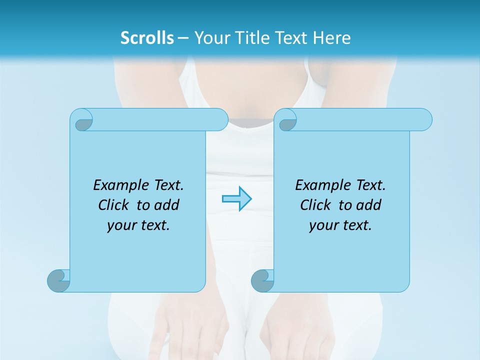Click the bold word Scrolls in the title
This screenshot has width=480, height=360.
147,38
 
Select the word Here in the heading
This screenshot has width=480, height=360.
332,38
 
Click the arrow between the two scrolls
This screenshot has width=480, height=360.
236,199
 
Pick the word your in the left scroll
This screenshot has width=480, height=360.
121,225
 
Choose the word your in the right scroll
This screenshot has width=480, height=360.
323,225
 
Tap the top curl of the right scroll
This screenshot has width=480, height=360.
287,120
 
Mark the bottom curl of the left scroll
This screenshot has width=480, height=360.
58,280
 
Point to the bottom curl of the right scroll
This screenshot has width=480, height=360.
262,280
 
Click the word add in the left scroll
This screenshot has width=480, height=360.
167,205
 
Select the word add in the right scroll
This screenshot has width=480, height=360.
369,205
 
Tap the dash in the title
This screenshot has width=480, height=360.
183,38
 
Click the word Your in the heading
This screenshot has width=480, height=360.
210,38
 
